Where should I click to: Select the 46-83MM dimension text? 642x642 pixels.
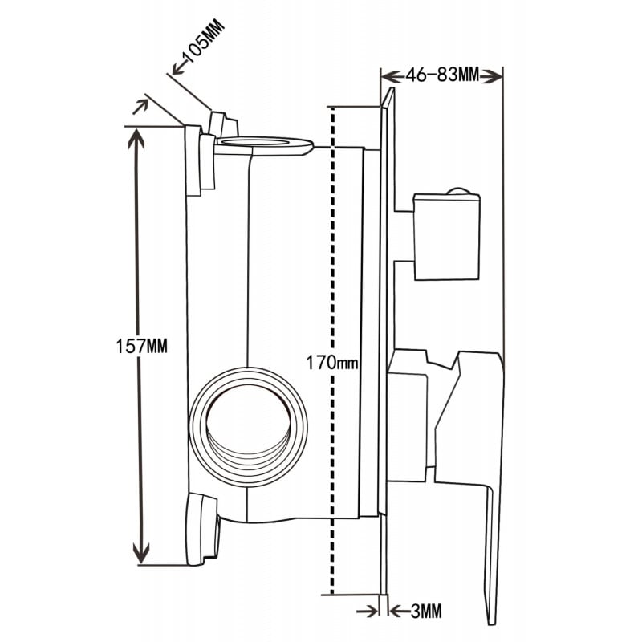442,75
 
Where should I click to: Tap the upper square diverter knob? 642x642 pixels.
447,237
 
